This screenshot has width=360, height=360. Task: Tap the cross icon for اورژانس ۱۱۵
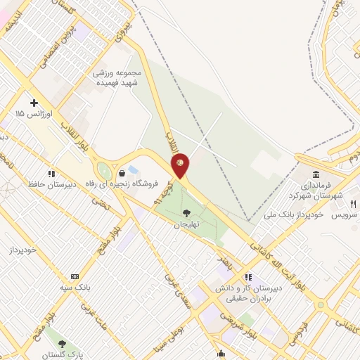[33, 103]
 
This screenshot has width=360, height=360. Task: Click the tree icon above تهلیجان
[186, 213]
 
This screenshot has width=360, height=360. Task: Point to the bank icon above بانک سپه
[75, 277]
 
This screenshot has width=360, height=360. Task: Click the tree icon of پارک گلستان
[62, 344]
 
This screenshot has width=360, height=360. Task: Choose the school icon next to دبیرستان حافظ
[51, 173]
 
